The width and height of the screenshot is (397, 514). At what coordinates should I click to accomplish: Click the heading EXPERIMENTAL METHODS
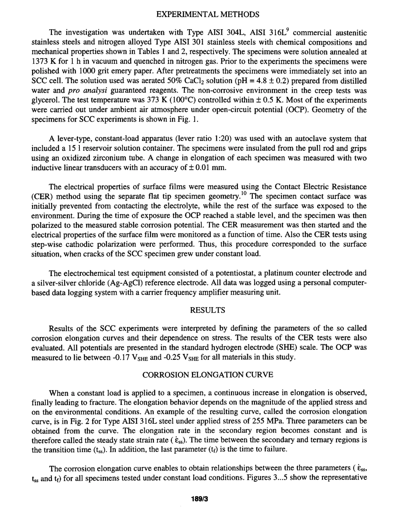point(207,15)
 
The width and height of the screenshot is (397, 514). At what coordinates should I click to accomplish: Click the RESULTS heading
point(207,310)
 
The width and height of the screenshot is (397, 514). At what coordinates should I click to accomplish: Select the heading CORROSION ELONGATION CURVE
point(208,375)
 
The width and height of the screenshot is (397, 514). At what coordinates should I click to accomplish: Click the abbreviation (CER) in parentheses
point(42,196)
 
